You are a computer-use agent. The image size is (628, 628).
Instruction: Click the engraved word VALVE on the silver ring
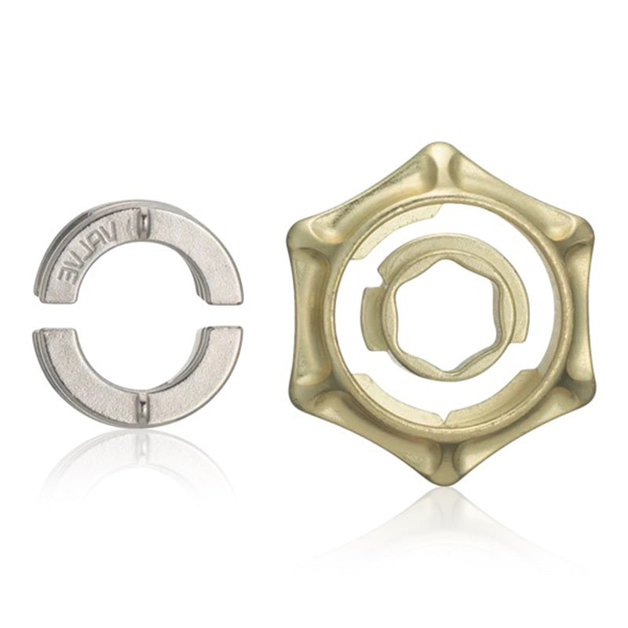[86, 257]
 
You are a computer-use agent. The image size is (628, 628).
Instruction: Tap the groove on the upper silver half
[143, 228]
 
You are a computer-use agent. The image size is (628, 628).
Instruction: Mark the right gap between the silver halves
[220, 316]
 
